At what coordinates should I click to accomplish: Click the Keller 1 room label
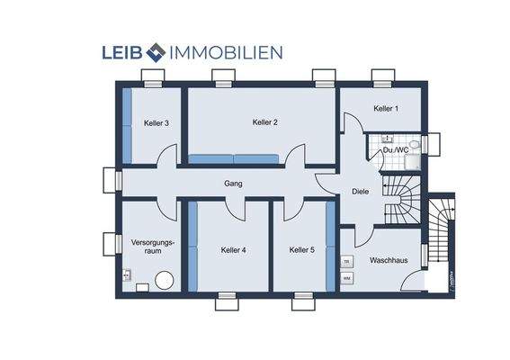385,109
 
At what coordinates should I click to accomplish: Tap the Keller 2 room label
264,121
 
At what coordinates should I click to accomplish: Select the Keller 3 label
157,123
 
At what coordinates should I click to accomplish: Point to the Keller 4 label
233,250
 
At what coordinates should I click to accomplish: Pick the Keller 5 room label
301,250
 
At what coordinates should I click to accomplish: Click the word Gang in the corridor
233,184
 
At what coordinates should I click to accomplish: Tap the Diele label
361,191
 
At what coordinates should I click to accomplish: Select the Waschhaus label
388,260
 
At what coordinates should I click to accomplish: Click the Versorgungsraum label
152,247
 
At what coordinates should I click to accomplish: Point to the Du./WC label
394,150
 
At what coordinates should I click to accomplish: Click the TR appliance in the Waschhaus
346,262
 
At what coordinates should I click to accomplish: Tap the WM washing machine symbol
346,278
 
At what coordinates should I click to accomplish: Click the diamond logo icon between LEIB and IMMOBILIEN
157,53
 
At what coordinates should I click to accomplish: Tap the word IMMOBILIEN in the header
226,53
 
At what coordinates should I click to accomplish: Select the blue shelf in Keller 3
128,125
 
